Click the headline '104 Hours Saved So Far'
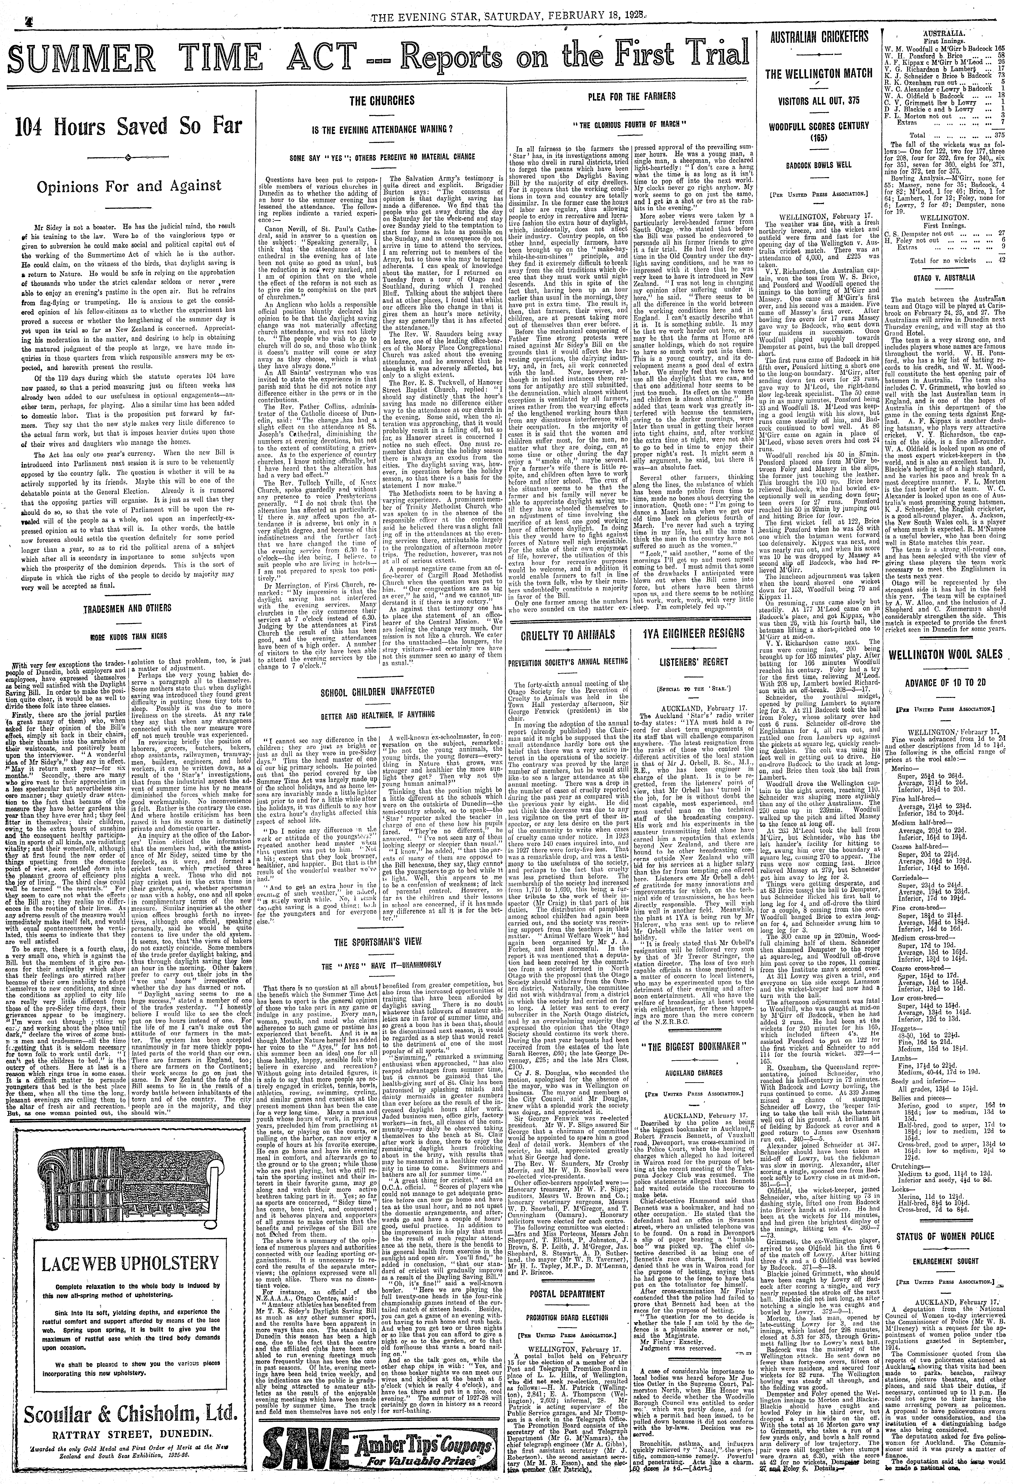click(x=128, y=126)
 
